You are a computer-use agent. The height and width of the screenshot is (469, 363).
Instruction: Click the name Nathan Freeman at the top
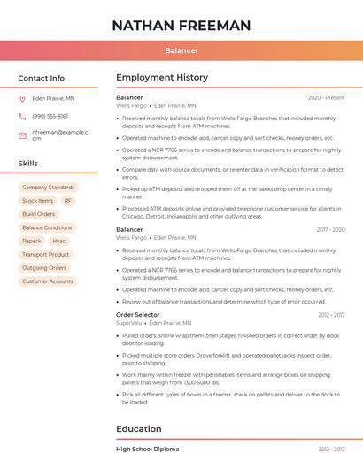pyautogui.click(x=181, y=26)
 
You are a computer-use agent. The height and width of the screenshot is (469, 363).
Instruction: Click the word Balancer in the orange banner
pyautogui.click(x=181, y=50)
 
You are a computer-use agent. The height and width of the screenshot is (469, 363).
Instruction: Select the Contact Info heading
pyautogui.click(x=42, y=78)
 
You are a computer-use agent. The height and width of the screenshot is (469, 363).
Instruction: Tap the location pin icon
pyautogui.click(x=22, y=99)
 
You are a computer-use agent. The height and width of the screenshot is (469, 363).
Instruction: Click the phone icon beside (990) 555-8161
pyautogui.click(x=22, y=116)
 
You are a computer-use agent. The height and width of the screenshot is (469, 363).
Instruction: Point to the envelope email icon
pyautogui.click(x=22, y=135)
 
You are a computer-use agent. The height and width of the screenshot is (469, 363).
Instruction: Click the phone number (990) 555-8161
pyautogui.click(x=50, y=116)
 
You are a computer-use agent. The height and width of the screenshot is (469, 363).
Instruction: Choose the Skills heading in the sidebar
pyautogui.click(x=28, y=164)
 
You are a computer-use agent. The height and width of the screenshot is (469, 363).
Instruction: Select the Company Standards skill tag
pyautogui.click(x=48, y=188)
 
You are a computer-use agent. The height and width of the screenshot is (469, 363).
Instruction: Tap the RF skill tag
pyautogui.click(x=67, y=201)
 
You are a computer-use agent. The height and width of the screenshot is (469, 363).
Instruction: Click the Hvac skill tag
pyautogui.click(x=58, y=241)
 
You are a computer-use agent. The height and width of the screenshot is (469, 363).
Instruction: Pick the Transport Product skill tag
pyautogui.click(x=46, y=254)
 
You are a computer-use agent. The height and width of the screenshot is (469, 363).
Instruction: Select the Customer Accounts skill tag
pyautogui.click(x=48, y=281)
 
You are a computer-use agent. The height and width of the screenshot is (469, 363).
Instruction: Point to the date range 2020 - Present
pyautogui.click(x=326, y=97)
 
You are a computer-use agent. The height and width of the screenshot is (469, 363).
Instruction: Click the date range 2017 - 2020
pyautogui.click(x=330, y=230)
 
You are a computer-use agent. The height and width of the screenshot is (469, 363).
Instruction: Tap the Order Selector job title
pyautogui.click(x=138, y=315)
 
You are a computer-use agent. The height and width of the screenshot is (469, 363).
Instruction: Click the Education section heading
pyautogui.click(x=139, y=429)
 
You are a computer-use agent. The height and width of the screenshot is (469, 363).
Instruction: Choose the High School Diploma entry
pyautogui.click(x=147, y=450)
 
